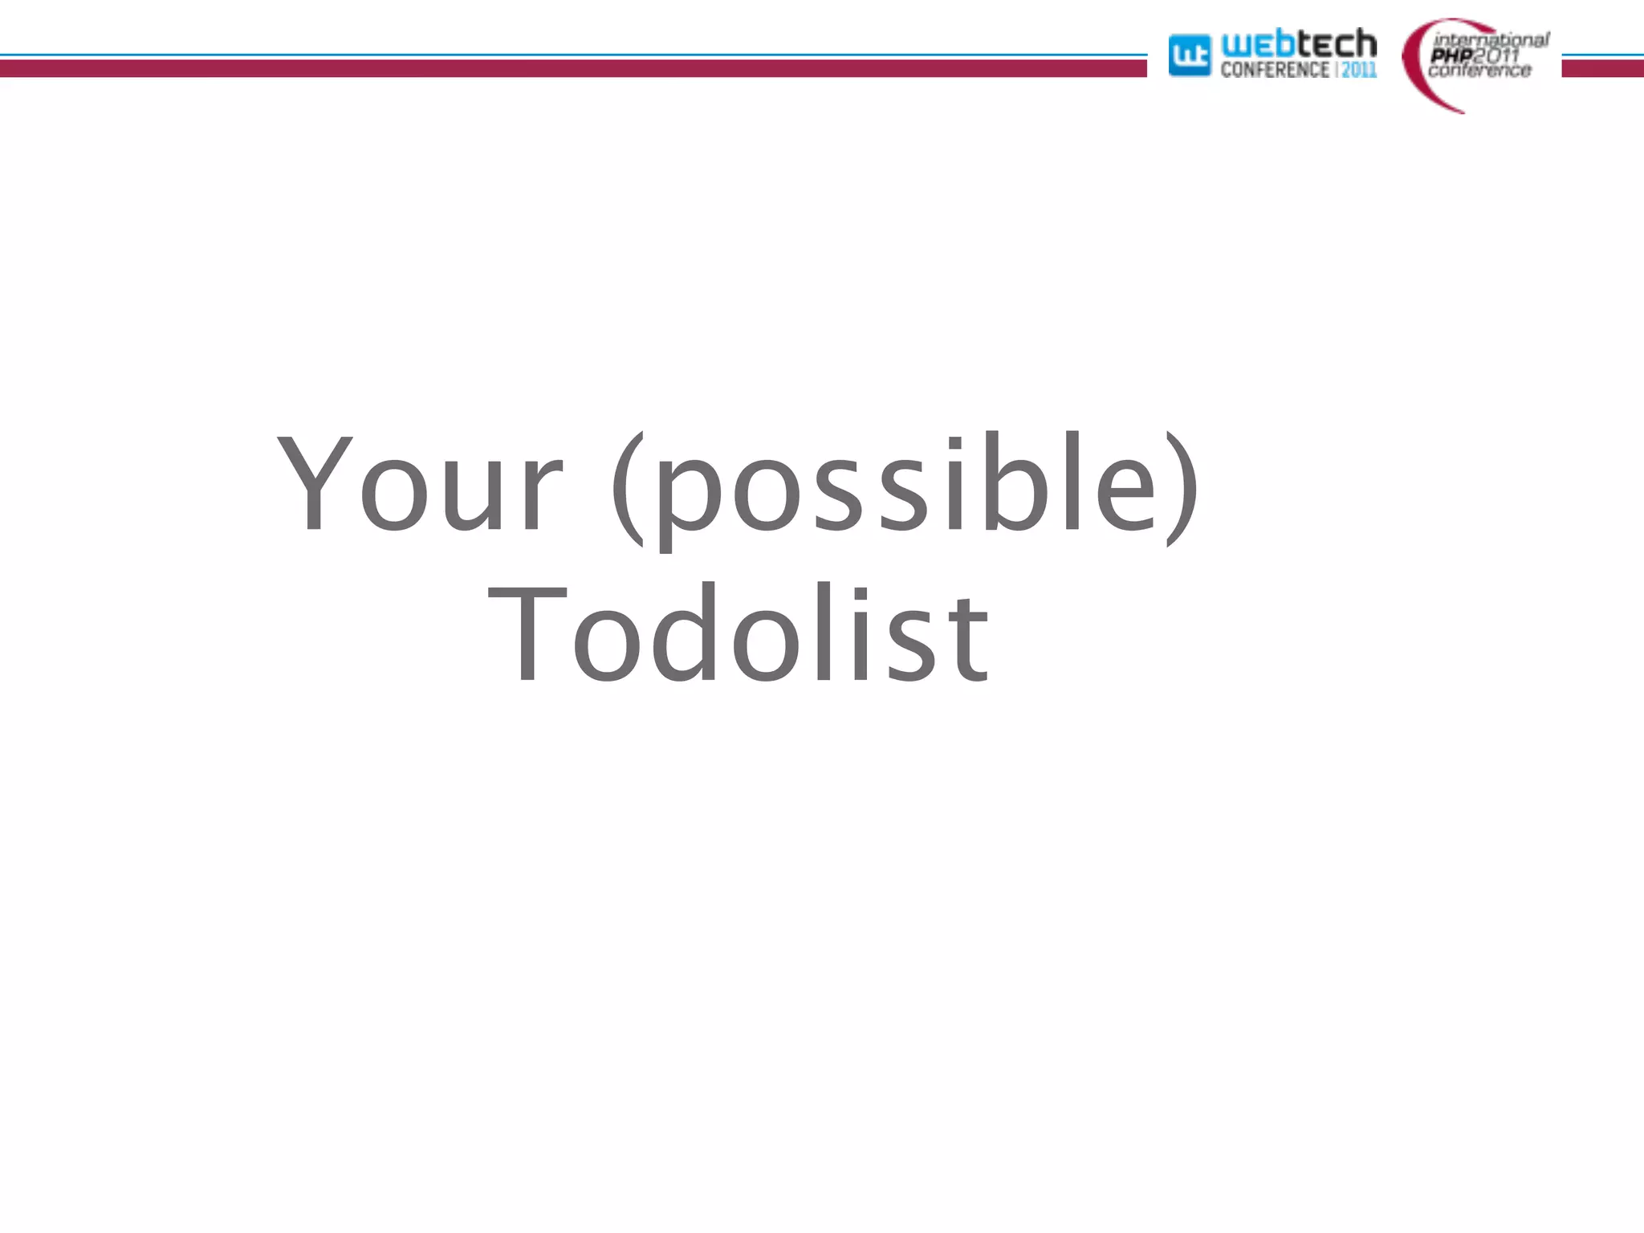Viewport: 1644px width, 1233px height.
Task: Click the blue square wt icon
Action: (x=1189, y=55)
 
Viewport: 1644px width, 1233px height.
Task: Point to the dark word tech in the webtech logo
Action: (x=1337, y=43)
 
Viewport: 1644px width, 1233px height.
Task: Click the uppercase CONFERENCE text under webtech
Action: (x=1274, y=70)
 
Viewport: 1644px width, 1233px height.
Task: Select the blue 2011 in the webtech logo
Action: (x=1359, y=70)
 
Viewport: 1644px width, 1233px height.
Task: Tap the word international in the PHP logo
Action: (x=1491, y=39)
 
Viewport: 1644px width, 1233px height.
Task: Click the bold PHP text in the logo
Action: (x=1451, y=55)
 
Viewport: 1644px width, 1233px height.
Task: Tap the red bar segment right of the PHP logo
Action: (x=1602, y=69)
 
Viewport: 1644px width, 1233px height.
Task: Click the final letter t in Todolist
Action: (x=973, y=638)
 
